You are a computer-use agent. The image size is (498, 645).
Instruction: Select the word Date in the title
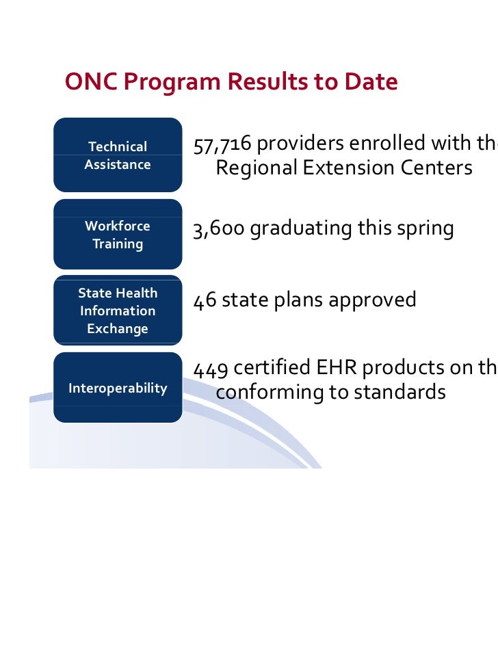pyautogui.click(x=369, y=83)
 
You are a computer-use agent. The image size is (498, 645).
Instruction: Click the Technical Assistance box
pyautogui.click(x=118, y=155)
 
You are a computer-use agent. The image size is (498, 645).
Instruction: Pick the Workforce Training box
pyautogui.click(x=118, y=235)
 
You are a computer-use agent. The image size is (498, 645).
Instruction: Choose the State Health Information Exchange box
pyautogui.click(x=118, y=311)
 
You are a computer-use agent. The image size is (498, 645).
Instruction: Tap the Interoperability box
pyautogui.click(x=118, y=389)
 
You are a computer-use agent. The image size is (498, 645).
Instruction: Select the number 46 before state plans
pyautogui.click(x=203, y=301)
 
